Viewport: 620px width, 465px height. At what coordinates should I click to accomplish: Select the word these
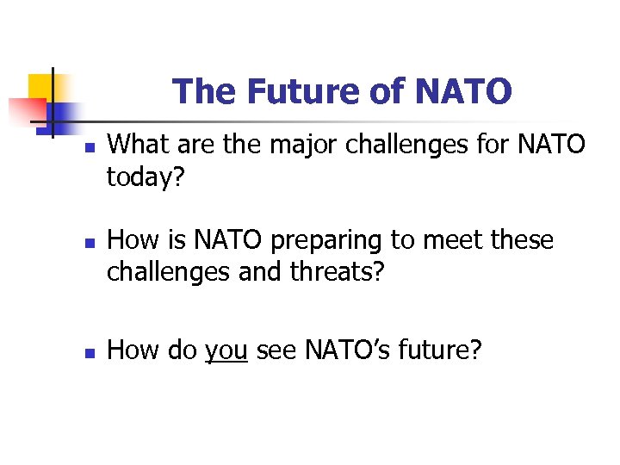click(x=518, y=240)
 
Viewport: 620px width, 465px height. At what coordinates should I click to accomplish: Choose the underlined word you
click(x=226, y=350)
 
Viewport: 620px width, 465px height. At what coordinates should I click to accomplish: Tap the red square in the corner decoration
click(x=26, y=111)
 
